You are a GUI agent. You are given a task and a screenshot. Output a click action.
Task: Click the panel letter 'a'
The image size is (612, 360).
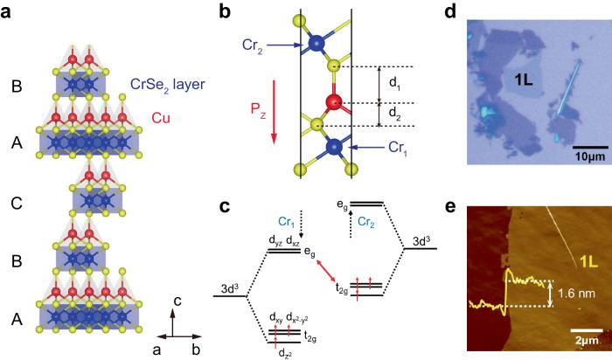click(x=10, y=13)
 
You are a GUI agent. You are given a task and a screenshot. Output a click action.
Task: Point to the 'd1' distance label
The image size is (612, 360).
click(x=393, y=85)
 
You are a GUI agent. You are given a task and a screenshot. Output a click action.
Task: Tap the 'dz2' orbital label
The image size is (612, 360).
click(x=281, y=350)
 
